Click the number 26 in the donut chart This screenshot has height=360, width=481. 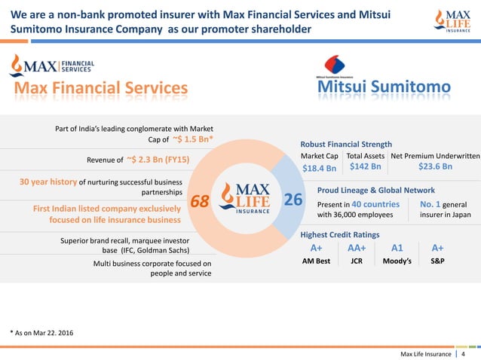coord(293,200)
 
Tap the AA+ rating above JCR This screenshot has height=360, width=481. coord(357,249)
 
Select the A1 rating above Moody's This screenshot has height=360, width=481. coord(397,249)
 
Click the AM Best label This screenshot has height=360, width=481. coord(316,262)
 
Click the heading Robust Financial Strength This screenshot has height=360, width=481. coord(346,144)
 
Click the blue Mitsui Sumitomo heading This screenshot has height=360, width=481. coord(383,90)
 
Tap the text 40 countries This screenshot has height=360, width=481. coord(375,203)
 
